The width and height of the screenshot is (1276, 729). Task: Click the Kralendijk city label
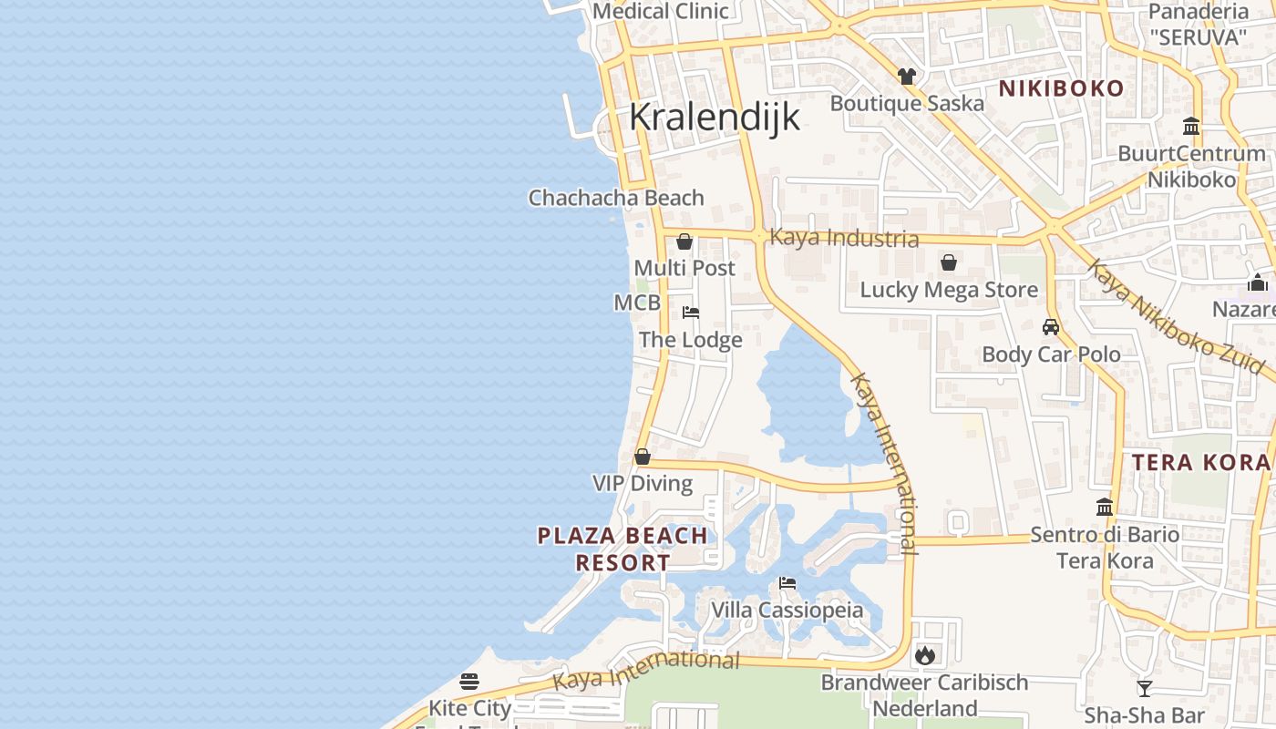(x=715, y=117)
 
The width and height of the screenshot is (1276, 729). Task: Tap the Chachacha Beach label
(x=616, y=198)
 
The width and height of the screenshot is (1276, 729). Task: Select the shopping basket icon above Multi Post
(x=684, y=242)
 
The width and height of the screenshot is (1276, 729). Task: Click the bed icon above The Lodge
(x=691, y=313)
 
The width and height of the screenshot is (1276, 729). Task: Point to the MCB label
(x=637, y=303)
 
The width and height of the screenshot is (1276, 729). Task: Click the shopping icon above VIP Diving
(x=643, y=457)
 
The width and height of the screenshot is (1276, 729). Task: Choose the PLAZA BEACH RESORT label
(x=623, y=549)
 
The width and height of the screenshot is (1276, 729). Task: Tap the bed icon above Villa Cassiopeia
(x=787, y=583)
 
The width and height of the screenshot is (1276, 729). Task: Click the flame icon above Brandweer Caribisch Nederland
(x=924, y=654)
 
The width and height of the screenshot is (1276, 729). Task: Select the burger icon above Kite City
(x=469, y=681)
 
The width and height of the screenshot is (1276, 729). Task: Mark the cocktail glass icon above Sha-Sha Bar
(x=1145, y=689)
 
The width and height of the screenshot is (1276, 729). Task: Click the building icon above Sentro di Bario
(x=1105, y=507)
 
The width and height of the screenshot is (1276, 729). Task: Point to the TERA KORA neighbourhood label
(x=1200, y=462)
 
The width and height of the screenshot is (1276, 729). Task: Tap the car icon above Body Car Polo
(x=1051, y=327)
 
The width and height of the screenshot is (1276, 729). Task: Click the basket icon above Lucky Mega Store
(x=949, y=263)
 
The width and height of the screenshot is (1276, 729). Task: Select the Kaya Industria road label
(x=844, y=238)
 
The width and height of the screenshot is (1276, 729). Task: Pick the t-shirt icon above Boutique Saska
(x=906, y=77)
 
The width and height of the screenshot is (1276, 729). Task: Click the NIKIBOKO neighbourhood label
(x=1061, y=88)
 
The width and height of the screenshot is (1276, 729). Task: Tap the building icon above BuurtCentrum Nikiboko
(x=1191, y=126)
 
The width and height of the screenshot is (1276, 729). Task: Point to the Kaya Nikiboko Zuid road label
(x=1176, y=316)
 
